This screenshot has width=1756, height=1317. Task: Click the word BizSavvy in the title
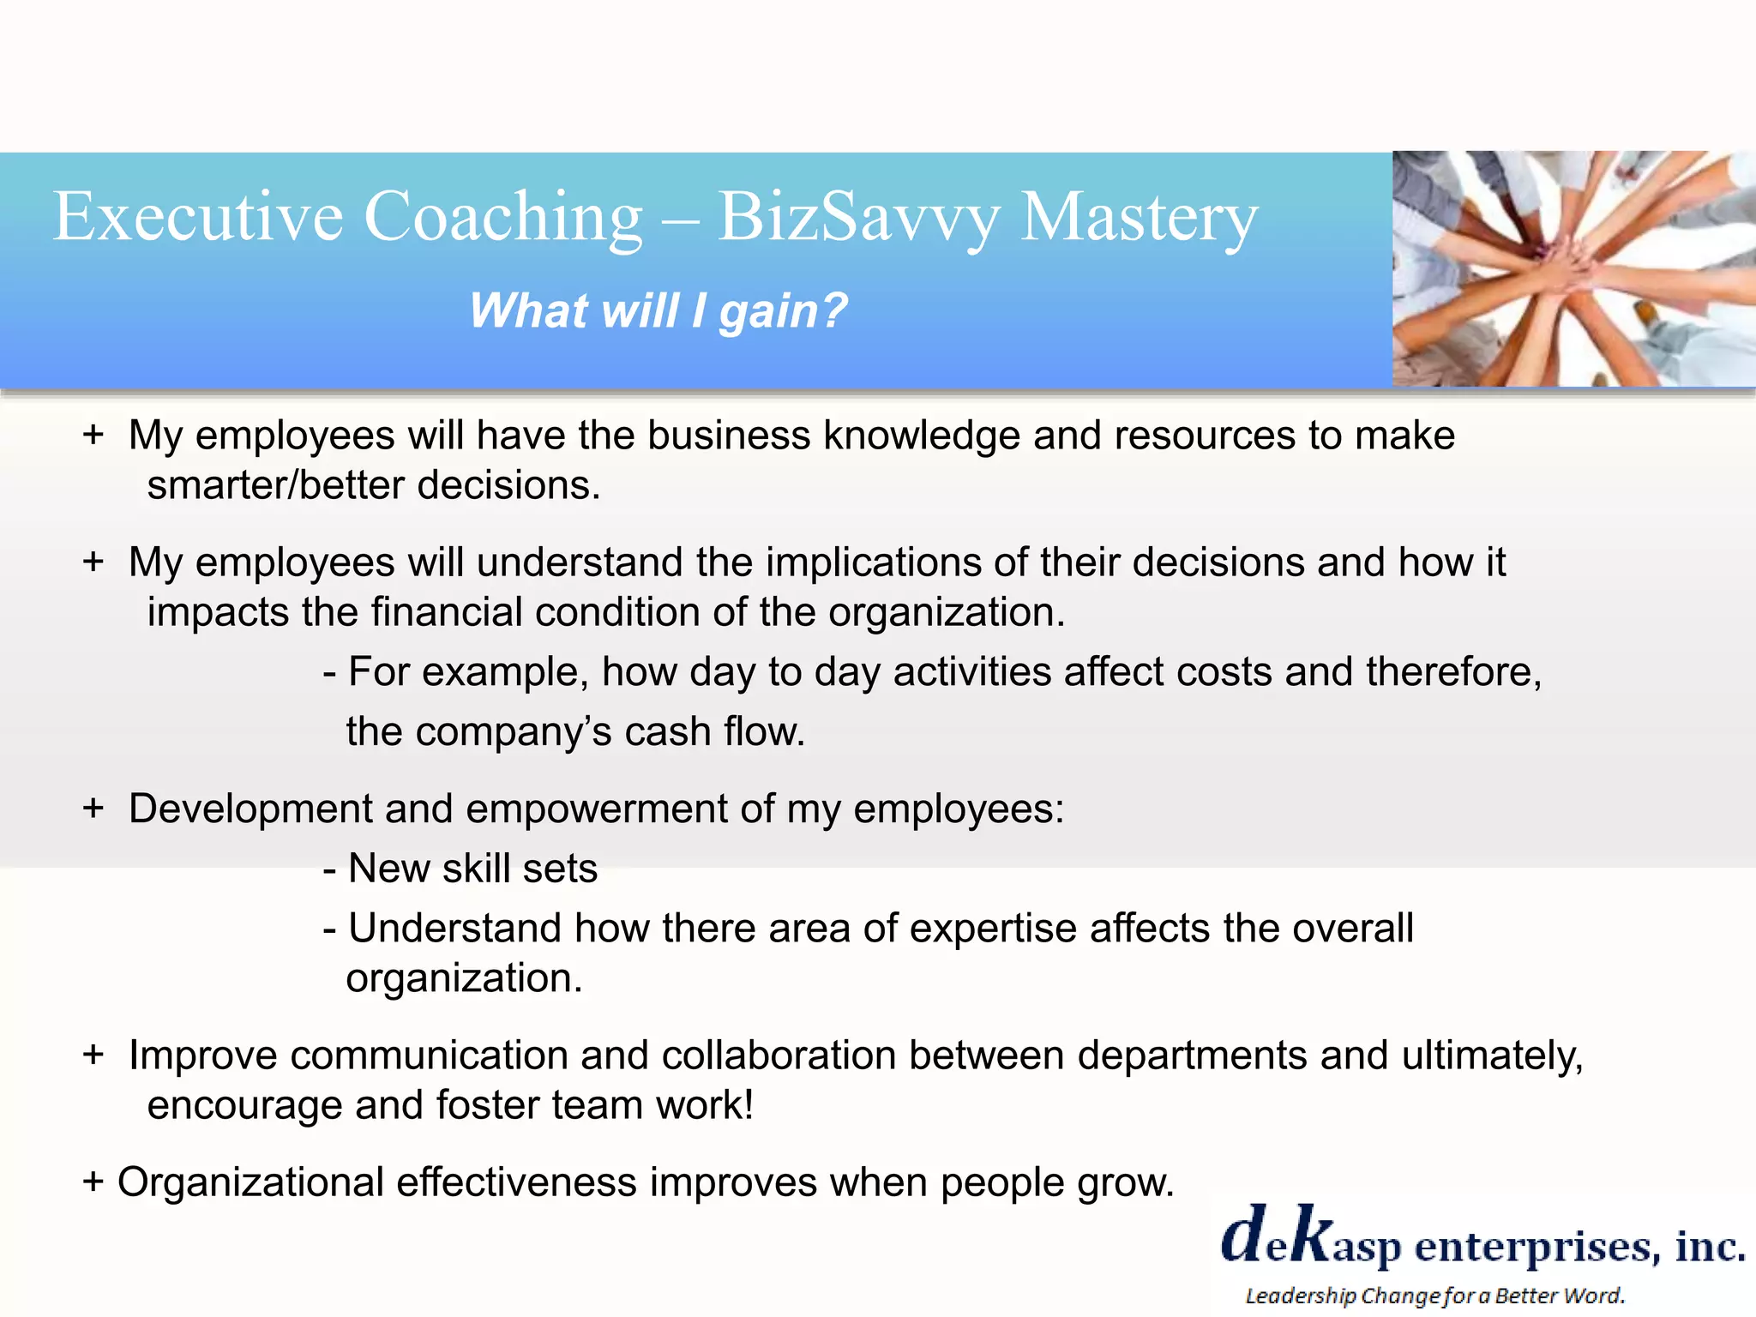(x=858, y=218)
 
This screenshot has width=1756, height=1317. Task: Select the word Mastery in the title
(x=1140, y=218)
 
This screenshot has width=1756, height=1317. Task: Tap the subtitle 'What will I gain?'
(x=658, y=310)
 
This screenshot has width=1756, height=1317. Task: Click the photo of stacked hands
(x=1573, y=268)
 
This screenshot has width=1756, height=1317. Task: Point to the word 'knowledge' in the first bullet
(x=922, y=436)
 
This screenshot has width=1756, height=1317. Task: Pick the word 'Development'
(x=250, y=809)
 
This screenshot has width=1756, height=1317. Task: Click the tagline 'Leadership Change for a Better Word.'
(x=1434, y=1296)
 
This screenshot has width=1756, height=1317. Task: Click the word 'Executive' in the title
(x=198, y=216)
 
